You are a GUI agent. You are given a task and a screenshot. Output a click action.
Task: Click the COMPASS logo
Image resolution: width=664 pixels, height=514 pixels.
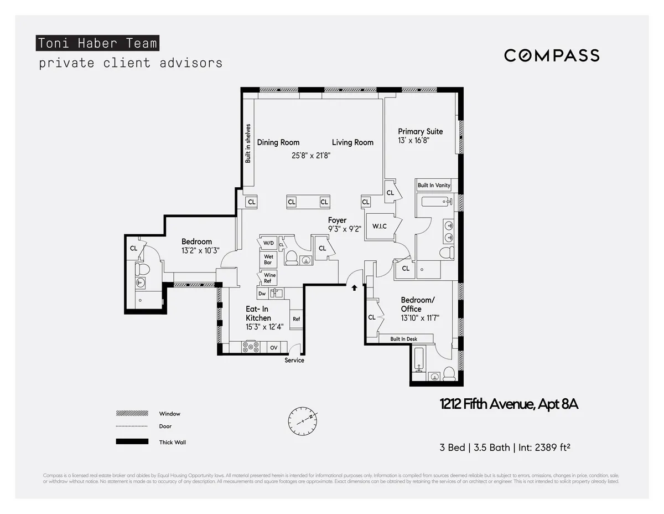click(x=551, y=55)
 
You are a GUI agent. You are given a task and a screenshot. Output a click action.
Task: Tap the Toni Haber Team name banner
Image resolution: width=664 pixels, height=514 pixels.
click(x=97, y=43)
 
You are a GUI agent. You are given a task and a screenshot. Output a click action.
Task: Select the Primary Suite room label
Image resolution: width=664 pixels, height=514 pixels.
click(x=420, y=131)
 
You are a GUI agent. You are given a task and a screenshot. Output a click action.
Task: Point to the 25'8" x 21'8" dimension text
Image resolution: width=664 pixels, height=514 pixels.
click(x=312, y=156)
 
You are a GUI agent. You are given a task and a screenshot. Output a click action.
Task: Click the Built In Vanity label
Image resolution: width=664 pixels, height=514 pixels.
click(x=434, y=185)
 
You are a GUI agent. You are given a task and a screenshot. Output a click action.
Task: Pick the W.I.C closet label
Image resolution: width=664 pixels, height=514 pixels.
click(x=379, y=226)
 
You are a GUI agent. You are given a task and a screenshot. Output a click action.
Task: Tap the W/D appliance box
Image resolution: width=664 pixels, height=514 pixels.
click(x=268, y=243)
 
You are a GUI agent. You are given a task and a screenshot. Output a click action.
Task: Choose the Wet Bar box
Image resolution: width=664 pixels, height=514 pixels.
click(x=268, y=259)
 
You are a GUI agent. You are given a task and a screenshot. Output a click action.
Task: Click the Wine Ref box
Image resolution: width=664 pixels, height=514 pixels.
click(x=269, y=277)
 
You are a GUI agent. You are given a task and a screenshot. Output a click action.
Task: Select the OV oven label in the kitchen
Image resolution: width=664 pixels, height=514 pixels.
click(x=273, y=348)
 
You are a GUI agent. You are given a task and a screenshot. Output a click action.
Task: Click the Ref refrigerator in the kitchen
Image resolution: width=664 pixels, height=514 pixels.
click(x=296, y=319)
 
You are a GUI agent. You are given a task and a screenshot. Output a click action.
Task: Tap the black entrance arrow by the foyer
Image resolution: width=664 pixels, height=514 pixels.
click(x=354, y=287)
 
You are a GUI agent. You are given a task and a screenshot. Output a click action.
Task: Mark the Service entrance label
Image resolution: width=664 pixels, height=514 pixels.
click(x=294, y=361)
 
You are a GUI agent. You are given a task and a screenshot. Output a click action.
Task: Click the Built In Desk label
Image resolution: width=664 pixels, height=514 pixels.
click(x=403, y=339)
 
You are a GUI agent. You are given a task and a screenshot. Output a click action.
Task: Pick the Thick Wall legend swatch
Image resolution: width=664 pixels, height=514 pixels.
click(x=132, y=441)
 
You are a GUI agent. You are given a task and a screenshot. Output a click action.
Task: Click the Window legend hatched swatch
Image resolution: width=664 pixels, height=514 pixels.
click(x=132, y=413)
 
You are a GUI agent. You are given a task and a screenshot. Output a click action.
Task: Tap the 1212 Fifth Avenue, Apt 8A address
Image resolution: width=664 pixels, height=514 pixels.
click(x=509, y=404)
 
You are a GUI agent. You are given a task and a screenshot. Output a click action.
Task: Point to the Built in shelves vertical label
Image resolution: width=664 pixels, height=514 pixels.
click(x=248, y=143)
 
